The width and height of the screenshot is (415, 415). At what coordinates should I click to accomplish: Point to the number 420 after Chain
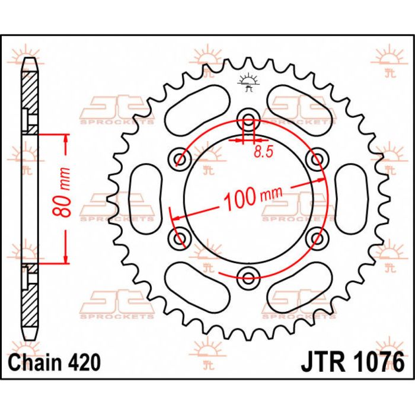point(81,361)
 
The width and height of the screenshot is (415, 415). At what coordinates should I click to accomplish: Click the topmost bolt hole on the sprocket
point(247,116)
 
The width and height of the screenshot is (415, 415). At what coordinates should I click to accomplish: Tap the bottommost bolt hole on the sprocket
point(247,274)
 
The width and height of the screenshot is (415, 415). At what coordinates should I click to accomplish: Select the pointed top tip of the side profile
point(30,60)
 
